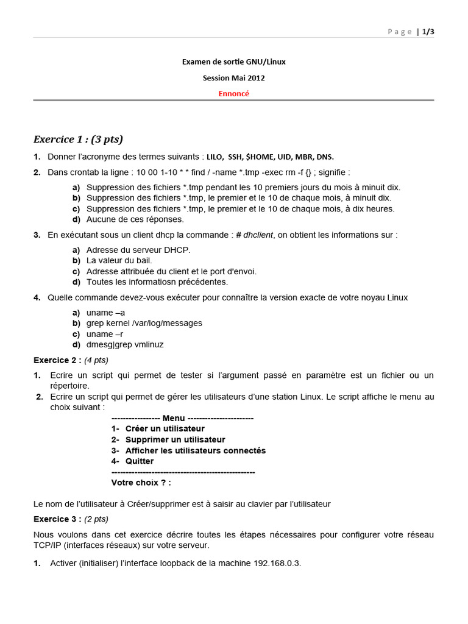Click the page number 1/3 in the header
coord(428,32)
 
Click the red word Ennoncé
coord(234,94)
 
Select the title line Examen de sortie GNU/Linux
coord(234,62)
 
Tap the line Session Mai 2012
coord(234,78)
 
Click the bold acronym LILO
coord(215,157)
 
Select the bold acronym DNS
coord(325,157)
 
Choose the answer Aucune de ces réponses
coord(135,219)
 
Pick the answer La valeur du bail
coord(119,260)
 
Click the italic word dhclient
coord(258,235)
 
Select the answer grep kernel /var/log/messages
coord(144,323)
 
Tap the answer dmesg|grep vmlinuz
coord(125,344)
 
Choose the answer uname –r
coord(105,334)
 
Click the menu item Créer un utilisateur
coord(165,428)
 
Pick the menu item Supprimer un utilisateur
coord(175,439)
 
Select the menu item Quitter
coord(140,461)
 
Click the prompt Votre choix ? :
coord(141,483)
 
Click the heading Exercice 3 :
coord(57,519)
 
